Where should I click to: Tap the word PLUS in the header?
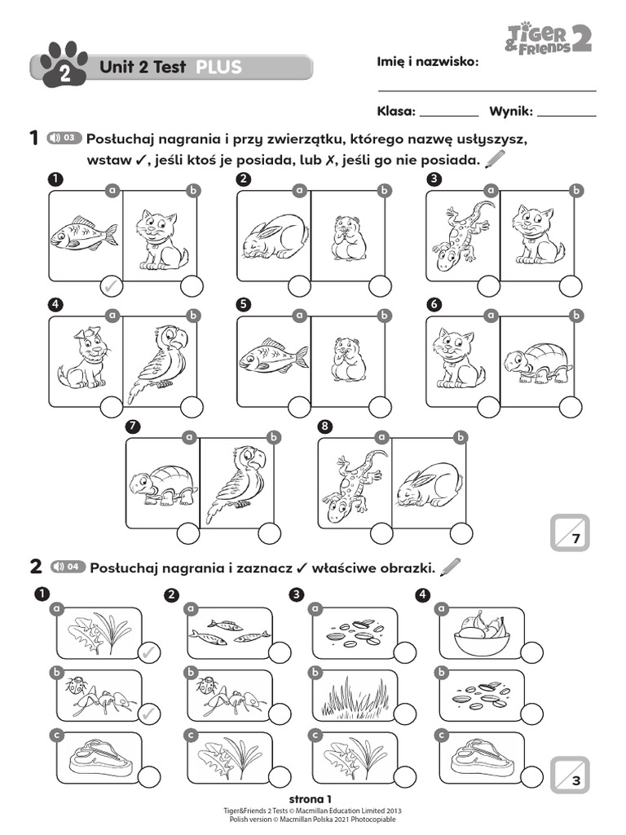(218, 68)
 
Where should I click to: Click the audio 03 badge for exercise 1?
(64, 138)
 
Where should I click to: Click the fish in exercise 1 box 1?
(83, 234)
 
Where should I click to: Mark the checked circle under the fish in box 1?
(112, 286)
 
